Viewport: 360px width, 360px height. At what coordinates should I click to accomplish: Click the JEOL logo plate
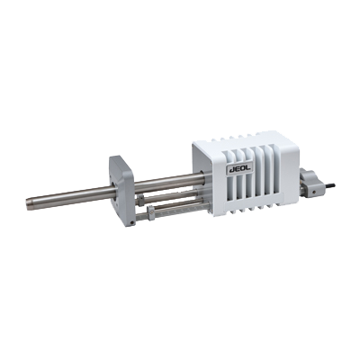239,169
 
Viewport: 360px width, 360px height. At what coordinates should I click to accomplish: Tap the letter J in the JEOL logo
230,170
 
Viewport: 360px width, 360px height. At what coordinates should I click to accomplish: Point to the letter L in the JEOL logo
248,168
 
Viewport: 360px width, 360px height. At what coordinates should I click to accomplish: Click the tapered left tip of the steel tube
28,201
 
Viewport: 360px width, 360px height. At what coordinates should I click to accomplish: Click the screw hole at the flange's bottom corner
131,222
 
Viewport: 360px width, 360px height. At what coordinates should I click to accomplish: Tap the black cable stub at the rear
330,186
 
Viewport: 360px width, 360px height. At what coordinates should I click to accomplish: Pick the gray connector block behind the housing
311,183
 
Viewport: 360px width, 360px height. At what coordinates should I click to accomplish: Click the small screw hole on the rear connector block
313,192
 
